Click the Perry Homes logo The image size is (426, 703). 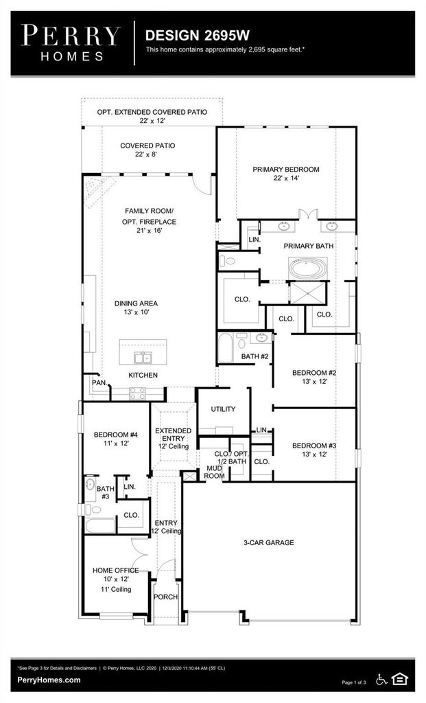click(x=71, y=43)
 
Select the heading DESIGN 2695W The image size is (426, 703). click(x=197, y=36)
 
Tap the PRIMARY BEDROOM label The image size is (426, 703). click(x=286, y=170)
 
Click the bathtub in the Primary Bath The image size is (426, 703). click(x=308, y=268)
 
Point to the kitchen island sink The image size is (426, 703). click(x=143, y=357)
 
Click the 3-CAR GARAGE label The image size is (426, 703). click(x=269, y=542)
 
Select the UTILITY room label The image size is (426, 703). click(x=223, y=409)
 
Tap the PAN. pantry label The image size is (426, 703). click(x=99, y=383)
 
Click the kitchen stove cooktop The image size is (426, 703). click(x=137, y=393)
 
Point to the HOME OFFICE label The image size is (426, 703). click(x=115, y=571)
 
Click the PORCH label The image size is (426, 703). click(x=166, y=597)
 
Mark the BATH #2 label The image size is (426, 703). click(x=255, y=356)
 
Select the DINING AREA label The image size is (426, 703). click(x=136, y=303)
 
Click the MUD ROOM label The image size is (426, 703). click(x=214, y=472)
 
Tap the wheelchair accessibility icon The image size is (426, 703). click(x=381, y=680)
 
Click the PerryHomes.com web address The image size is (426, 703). click(x=49, y=680)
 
